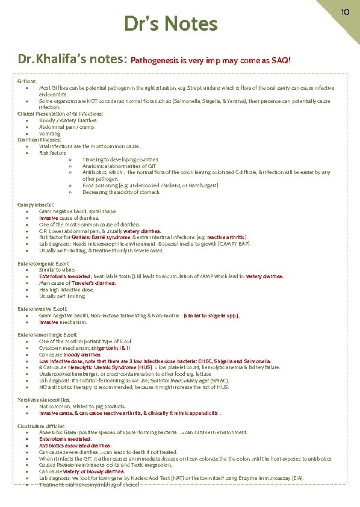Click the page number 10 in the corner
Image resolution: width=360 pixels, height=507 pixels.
coord(346,11)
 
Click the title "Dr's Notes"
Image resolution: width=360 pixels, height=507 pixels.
coord(170,24)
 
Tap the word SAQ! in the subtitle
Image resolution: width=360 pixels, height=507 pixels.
coord(281,61)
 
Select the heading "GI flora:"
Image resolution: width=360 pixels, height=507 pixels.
coord(27,81)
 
